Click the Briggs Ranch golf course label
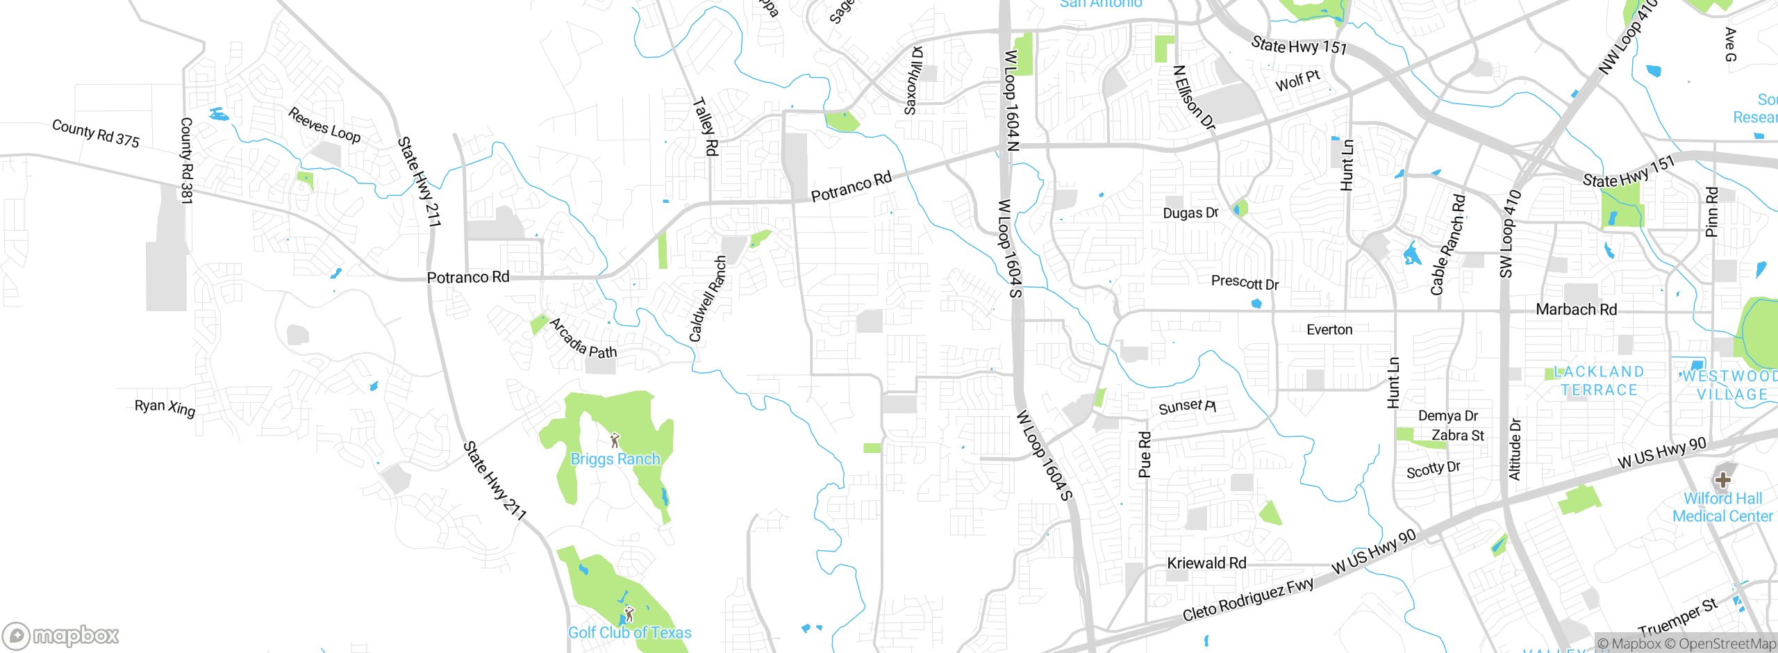pos(615,459)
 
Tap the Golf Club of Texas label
pos(629,633)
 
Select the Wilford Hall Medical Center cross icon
pos(1722,479)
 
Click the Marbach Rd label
pos(1576,309)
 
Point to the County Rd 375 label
pos(96,133)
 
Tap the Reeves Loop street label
pos(324,126)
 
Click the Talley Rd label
pos(706,126)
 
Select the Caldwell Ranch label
pos(708,299)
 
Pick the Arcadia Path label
pos(583,339)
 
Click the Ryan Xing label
pos(165,407)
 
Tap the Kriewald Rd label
pos(1206,563)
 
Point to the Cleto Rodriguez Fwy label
pos(1248,600)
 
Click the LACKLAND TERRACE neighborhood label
pos(1599,381)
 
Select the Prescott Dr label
pos(1245,283)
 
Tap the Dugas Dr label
pos(1190,213)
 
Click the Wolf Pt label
pos(1297,81)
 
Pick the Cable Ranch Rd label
pos(1448,245)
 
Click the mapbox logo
pos(61,635)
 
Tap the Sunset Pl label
pos(1187,406)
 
